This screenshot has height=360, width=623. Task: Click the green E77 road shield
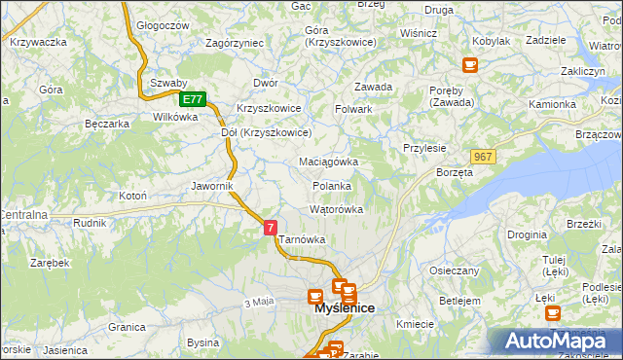(193, 99)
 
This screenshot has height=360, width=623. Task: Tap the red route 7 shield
(271, 226)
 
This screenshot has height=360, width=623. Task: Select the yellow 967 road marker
(483, 157)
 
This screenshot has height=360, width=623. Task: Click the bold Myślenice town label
(346, 308)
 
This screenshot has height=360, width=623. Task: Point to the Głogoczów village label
(163, 25)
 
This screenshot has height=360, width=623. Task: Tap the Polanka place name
(332, 186)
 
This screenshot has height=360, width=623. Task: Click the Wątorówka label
(336, 209)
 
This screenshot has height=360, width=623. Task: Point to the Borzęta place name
(455, 172)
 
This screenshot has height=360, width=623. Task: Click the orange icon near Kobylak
(470, 65)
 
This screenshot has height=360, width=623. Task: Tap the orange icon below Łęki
(553, 313)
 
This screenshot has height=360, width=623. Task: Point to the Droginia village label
(527, 234)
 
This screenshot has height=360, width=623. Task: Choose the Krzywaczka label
(37, 42)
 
